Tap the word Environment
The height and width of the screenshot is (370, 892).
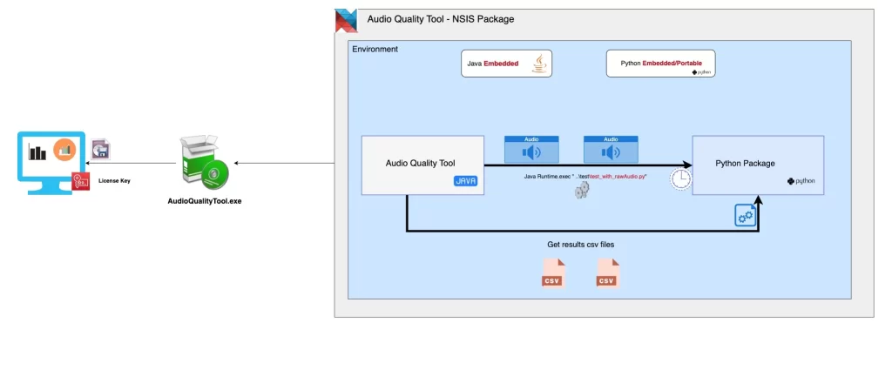[375, 50]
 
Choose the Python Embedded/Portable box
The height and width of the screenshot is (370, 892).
[660, 64]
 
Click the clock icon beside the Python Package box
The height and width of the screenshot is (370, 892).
[680, 178]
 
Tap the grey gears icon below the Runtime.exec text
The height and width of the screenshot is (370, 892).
[582, 190]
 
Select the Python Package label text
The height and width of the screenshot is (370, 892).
[745, 163]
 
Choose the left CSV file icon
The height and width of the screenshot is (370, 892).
[552, 272]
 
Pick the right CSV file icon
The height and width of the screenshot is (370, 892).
[607, 272]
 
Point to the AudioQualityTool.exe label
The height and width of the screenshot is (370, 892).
[204, 201]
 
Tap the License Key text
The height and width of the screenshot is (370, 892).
[114, 181]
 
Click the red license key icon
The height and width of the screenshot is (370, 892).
[81, 181]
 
